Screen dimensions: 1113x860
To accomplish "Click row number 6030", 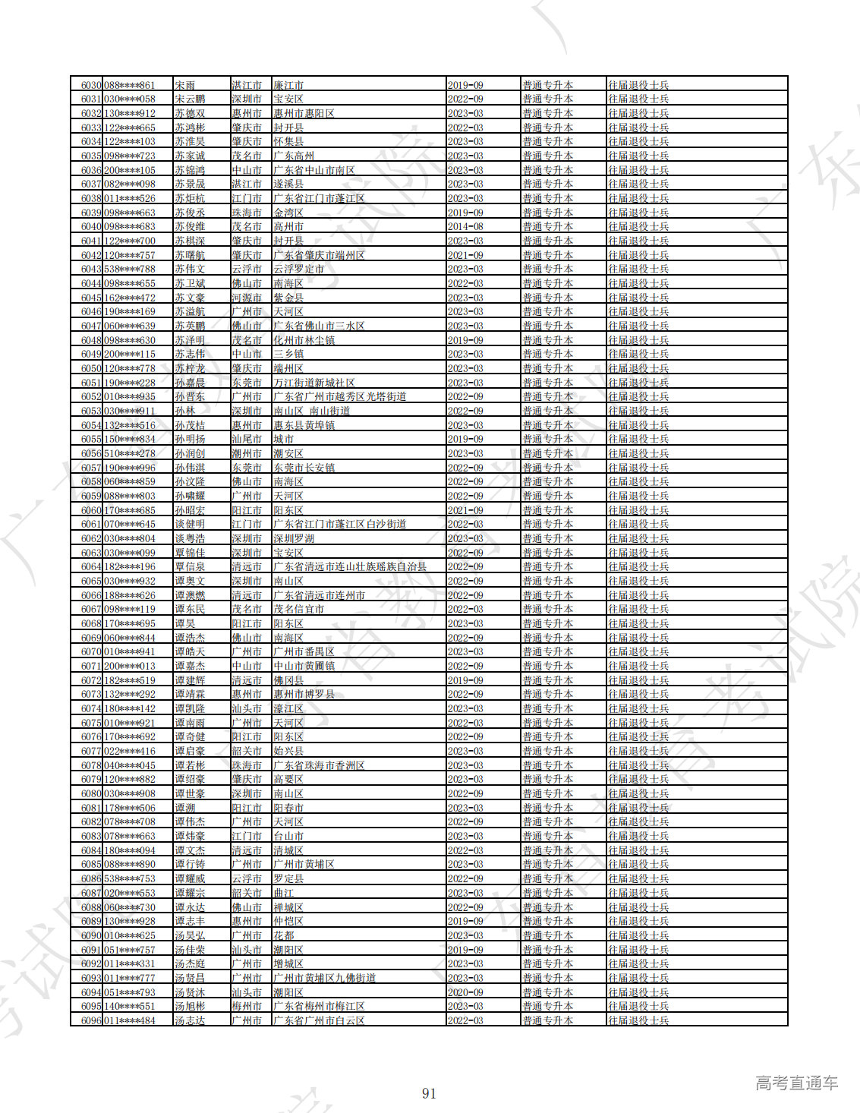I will (91, 85).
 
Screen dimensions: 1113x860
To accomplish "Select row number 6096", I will (91, 1020).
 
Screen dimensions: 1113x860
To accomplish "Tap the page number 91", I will (429, 1093).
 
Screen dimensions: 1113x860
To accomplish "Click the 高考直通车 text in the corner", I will (796, 1083).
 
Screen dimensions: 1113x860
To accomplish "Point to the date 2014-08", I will (465, 226).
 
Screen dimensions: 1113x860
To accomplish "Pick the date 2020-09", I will (465, 992).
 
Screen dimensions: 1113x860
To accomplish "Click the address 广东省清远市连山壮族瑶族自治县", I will (349, 566).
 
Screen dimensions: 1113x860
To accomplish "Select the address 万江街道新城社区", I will (313, 383).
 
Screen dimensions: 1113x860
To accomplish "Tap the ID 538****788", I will (130, 269).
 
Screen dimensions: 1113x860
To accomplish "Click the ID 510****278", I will (130, 453).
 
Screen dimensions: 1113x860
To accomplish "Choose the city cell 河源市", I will (247, 298).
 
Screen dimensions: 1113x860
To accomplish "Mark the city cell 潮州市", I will (247, 453).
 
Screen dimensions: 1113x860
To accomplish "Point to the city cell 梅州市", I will (247, 1006).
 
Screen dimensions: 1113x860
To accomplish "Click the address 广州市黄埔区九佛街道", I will (324, 978).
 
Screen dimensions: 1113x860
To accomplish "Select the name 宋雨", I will (184, 85).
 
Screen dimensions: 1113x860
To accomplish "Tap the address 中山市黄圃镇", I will (304, 666).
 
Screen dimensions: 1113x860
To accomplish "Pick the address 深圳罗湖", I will (294, 538).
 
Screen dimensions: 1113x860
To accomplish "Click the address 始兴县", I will (288, 751).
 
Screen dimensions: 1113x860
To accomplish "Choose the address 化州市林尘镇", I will (304, 340).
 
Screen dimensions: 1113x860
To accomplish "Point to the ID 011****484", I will (130, 1020).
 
